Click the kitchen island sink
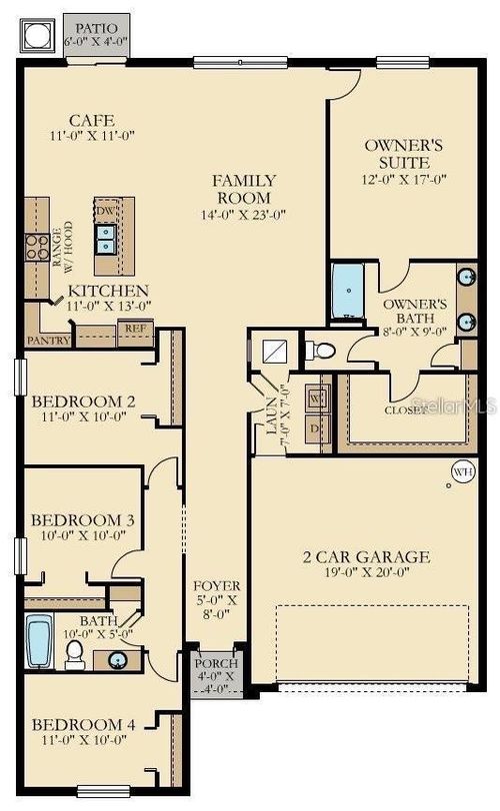(x=105, y=240)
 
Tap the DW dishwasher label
(x=105, y=212)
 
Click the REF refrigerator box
(x=134, y=329)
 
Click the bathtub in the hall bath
(x=38, y=641)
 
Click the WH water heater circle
(x=462, y=470)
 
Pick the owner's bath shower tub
(x=351, y=291)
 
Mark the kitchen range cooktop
(x=37, y=246)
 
